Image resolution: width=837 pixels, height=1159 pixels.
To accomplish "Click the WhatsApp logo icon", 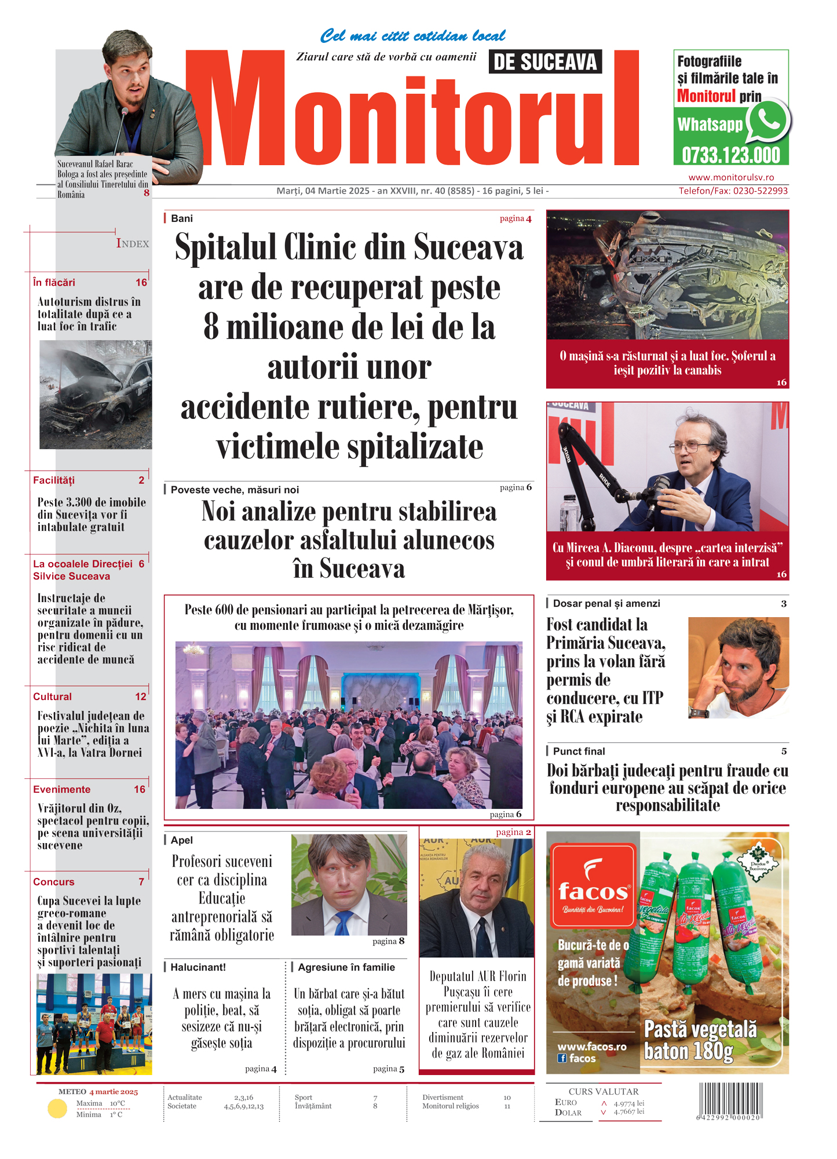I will click(768, 121).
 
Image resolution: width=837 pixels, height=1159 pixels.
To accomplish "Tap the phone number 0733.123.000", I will click(731, 155).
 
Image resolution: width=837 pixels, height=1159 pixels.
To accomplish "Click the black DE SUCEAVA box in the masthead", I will click(545, 62).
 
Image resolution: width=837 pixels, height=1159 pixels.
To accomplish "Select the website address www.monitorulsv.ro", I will click(731, 177).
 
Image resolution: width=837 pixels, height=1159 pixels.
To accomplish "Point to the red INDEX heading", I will click(133, 244).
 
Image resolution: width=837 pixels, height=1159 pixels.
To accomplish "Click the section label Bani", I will click(182, 218).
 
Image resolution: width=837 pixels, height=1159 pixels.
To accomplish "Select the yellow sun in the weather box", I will click(57, 1109).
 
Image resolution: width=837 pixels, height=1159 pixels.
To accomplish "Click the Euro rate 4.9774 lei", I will click(629, 1103).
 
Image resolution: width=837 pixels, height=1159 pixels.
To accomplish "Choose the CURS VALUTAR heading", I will click(604, 1092).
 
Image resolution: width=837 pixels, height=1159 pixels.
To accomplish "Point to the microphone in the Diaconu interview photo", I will click(660, 484).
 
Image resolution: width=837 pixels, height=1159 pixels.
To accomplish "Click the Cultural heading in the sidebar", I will click(53, 697).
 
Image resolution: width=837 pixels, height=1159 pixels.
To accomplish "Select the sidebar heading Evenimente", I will click(62, 789).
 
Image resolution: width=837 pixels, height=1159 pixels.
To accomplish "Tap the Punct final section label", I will click(579, 752).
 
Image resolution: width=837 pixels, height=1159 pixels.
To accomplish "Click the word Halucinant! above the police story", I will click(198, 967).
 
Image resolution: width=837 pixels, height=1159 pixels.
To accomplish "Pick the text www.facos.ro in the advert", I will click(592, 1047).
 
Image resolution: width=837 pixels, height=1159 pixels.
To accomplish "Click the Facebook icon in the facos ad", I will click(562, 1058).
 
